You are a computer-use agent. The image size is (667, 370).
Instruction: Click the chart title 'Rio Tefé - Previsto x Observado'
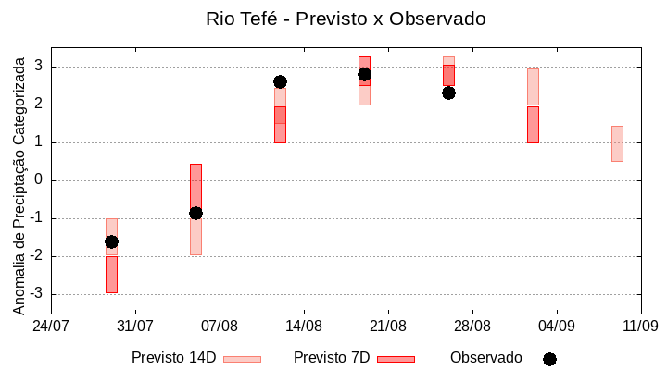[346, 18]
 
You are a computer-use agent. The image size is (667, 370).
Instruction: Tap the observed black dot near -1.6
[111, 241]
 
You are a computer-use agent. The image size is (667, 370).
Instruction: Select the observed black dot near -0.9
[195, 213]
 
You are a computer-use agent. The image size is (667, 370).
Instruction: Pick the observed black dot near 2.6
[280, 81]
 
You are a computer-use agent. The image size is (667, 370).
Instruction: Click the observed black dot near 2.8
[364, 74]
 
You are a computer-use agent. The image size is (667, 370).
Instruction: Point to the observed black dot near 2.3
[448, 92]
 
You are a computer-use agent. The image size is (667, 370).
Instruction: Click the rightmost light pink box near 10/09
[617, 143]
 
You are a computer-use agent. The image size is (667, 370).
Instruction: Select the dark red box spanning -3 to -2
[111, 275]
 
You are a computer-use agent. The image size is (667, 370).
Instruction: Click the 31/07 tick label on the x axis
[135, 326]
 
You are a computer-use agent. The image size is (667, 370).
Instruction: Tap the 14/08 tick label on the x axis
[304, 326]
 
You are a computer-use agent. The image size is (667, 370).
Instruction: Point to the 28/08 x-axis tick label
[472, 326]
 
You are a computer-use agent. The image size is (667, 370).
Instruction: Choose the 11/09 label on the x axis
[640, 326]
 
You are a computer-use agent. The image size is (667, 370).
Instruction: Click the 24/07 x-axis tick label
[51, 326]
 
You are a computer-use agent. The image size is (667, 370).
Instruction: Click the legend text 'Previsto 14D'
[173, 357]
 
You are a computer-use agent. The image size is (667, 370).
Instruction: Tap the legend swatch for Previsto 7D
[396, 359]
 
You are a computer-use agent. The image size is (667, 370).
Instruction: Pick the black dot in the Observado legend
[549, 359]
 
